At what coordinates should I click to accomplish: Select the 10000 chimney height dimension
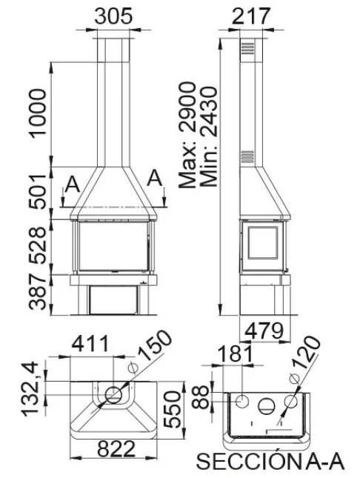click(x=37, y=113)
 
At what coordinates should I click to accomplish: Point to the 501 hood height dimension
click(x=37, y=191)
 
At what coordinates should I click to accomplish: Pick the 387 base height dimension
click(x=37, y=292)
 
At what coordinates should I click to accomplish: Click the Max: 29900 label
click(x=187, y=135)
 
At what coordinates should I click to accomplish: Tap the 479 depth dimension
click(x=264, y=331)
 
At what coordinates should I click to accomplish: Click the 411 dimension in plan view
click(x=90, y=344)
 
